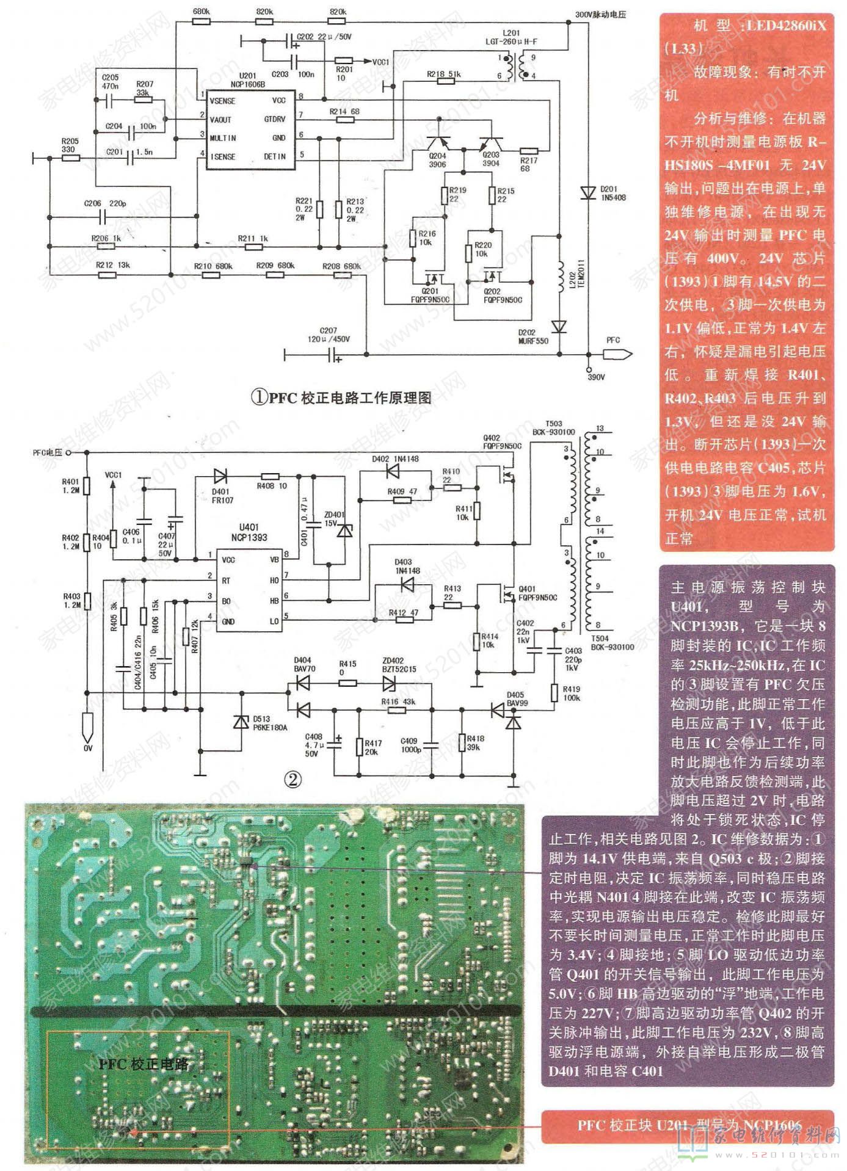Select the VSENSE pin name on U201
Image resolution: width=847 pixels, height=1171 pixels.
(222, 101)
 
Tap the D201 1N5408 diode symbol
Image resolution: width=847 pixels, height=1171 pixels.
(588, 192)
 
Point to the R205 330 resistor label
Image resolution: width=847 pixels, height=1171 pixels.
(68, 145)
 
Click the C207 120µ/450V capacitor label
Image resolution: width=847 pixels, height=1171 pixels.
(329, 335)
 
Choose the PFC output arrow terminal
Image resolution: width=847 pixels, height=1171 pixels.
(617, 354)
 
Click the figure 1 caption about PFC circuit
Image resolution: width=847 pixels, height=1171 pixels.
(341, 398)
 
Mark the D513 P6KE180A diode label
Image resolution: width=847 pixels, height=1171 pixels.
(268, 723)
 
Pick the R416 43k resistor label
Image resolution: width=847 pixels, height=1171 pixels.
(398, 702)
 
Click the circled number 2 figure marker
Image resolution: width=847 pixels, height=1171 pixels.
(294, 780)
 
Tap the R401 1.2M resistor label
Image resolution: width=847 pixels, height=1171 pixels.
(70, 485)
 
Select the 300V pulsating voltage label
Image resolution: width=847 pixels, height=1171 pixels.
(602, 15)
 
